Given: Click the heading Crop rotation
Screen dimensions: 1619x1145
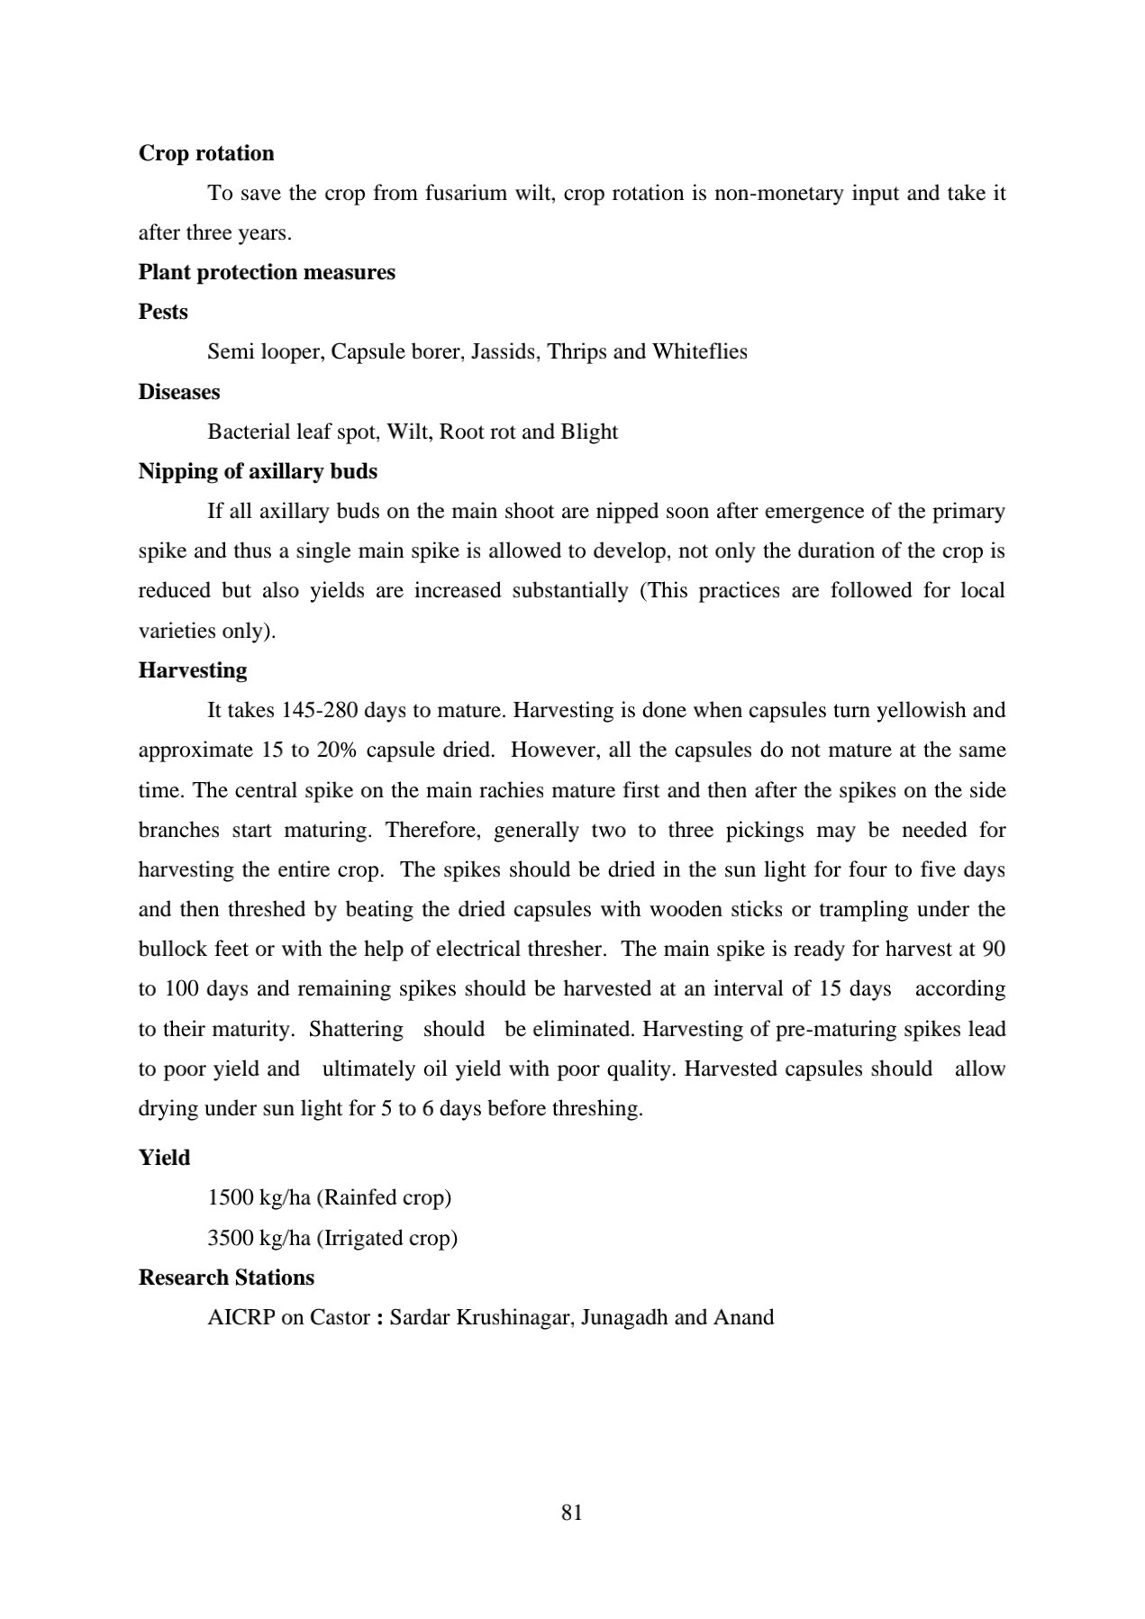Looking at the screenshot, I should (206, 153).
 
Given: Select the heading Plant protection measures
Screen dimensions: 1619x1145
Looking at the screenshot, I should (267, 272).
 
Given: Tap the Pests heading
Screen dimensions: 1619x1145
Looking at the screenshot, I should (163, 312).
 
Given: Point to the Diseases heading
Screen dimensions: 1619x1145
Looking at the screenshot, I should (179, 392).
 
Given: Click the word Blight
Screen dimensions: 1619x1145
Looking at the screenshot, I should (589, 432).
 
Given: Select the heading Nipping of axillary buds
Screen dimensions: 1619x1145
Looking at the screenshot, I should (258, 471).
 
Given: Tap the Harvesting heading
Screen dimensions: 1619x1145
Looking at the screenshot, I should (193, 670).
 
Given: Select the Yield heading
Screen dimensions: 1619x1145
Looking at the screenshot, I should (164, 1158).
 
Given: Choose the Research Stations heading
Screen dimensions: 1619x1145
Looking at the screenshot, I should (226, 1278).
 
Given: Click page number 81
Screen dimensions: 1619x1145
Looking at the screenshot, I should (572, 1513).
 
